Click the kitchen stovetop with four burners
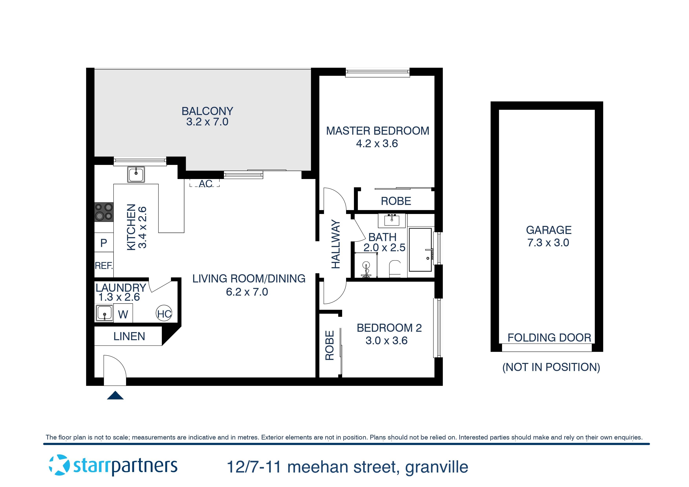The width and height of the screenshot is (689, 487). (x=104, y=212)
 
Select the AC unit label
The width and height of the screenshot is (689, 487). (x=206, y=184)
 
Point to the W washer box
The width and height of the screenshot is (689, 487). (x=123, y=314)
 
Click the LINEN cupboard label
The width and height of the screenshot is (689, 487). (x=129, y=336)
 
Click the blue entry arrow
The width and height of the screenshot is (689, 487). (x=115, y=396)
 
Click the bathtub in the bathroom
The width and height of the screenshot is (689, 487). (x=420, y=249)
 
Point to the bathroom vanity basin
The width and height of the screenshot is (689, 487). (x=392, y=220)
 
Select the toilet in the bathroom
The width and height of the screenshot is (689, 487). (x=395, y=268)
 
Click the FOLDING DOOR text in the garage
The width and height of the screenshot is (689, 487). (x=549, y=338)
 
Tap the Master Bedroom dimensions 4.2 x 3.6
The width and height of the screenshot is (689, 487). (x=377, y=144)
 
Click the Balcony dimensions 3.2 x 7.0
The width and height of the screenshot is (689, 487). (x=207, y=122)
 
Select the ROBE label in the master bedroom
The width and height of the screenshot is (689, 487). (x=396, y=201)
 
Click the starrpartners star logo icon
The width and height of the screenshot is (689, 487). (x=59, y=465)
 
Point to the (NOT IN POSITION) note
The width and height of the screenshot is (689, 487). (x=551, y=367)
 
